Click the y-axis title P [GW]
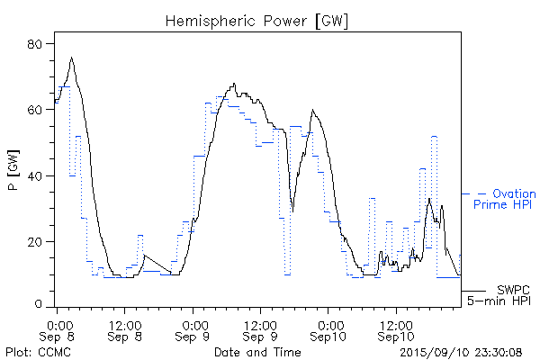pos(13,175)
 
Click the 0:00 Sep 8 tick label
pos(58,330)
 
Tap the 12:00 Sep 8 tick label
pos(124,330)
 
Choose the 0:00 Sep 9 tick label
pos(193,330)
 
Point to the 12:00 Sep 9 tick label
pos(260,330)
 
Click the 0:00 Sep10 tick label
pos(328,330)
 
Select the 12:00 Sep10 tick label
pos(395,330)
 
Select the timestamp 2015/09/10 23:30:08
pos(461,351)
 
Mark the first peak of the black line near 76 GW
pos(71,58)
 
